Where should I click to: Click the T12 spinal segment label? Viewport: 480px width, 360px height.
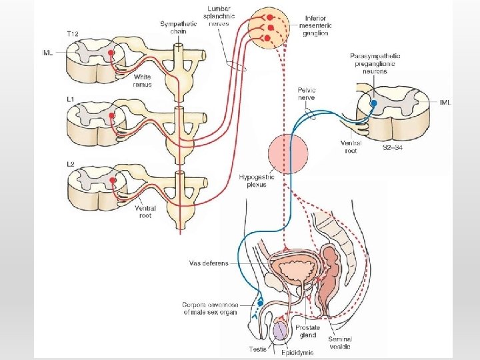point(74,34)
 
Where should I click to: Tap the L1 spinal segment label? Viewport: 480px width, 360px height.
point(71,99)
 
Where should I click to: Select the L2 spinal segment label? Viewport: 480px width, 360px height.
point(71,164)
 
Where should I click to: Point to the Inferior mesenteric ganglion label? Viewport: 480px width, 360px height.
point(316,25)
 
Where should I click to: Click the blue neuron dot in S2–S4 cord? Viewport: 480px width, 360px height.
point(374,103)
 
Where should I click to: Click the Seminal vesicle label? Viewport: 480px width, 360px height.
point(340,343)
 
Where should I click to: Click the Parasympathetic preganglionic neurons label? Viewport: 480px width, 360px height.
point(375,63)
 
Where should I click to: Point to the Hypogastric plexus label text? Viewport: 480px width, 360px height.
point(253,181)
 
